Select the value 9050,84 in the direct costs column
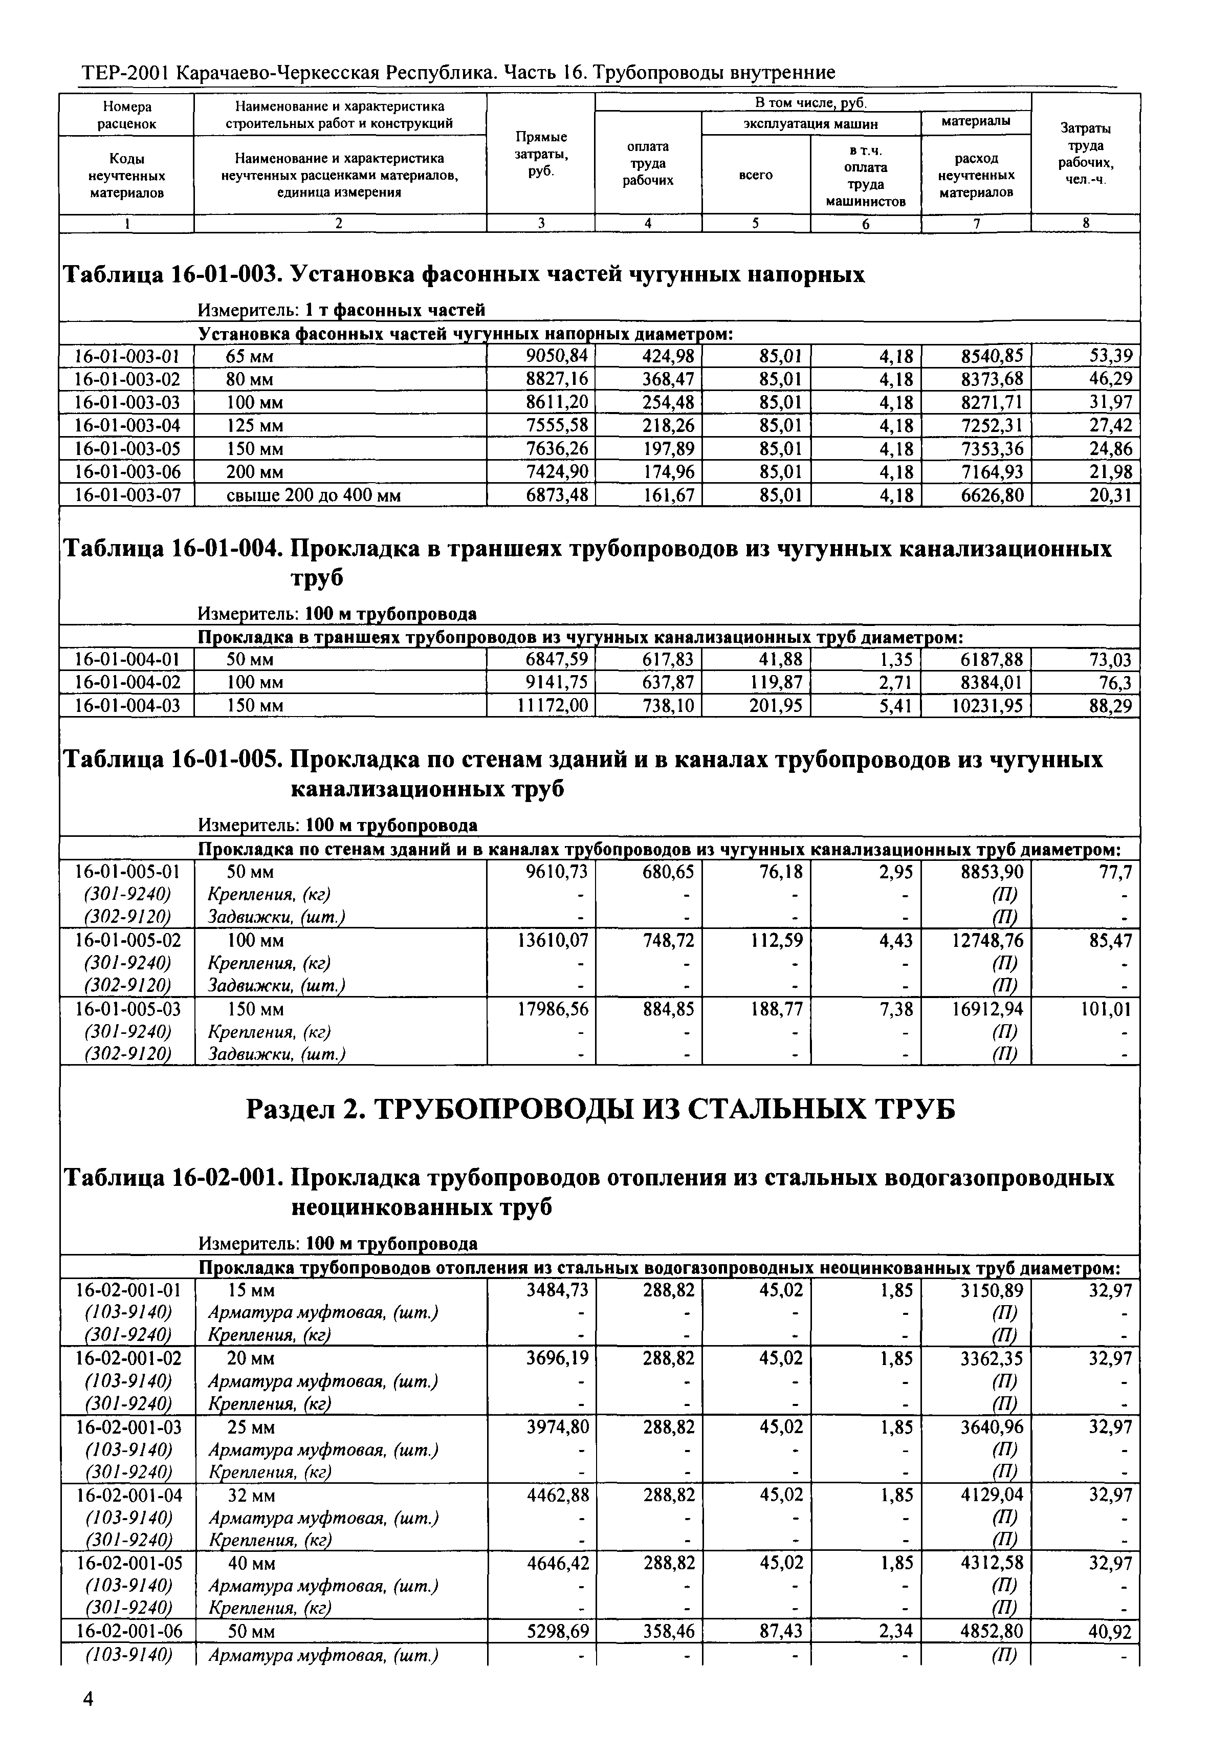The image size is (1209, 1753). [x=556, y=355]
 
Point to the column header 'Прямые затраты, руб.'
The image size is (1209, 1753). [x=541, y=154]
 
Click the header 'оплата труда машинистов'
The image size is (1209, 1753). [x=865, y=176]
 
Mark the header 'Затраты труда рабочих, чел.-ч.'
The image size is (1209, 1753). [x=1086, y=154]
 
